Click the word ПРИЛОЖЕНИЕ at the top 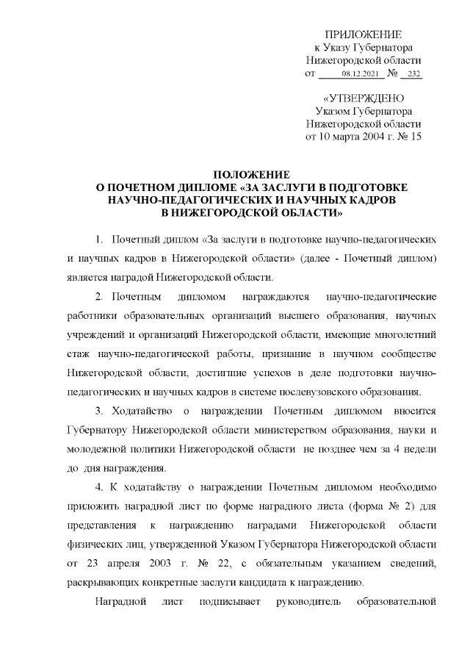pyautogui.click(x=364, y=35)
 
